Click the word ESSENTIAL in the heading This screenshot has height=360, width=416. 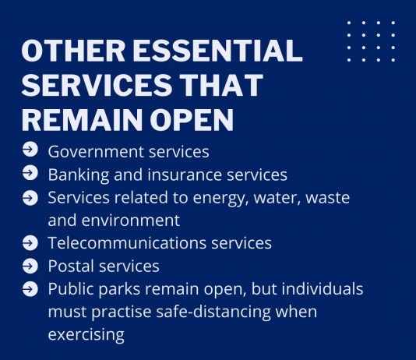click(x=217, y=51)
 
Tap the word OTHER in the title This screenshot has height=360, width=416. click(x=73, y=51)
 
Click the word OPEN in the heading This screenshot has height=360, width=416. click(x=192, y=119)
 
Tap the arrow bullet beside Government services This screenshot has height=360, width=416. click(x=30, y=150)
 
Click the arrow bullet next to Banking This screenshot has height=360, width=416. click(x=30, y=173)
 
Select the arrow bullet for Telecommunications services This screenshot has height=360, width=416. click(x=30, y=243)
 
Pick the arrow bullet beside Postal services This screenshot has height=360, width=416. click(x=30, y=266)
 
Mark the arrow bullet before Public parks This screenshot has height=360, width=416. click(x=30, y=289)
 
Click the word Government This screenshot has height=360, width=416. click(x=96, y=152)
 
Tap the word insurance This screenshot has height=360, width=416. click(x=185, y=175)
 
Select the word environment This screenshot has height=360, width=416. click(x=131, y=221)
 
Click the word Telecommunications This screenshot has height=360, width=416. click(x=127, y=243)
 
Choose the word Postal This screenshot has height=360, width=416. click(x=71, y=266)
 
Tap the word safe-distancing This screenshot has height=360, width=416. click(x=213, y=312)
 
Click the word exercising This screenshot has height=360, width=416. click(x=86, y=335)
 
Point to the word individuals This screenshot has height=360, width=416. click(x=323, y=288)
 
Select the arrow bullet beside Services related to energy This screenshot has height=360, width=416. click(x=30, y=198)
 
